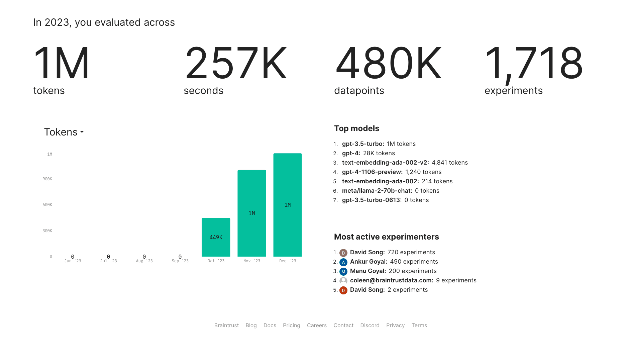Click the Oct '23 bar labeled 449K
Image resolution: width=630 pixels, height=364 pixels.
click(216, 237)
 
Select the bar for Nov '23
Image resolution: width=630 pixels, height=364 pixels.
click(251, 213)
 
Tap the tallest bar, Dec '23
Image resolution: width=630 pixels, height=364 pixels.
click(287, 205)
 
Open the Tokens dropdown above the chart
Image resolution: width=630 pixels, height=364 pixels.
click(64, 132)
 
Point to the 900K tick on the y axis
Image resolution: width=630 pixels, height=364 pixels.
click(47, 179)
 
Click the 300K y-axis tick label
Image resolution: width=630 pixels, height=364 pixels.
click(47, 231)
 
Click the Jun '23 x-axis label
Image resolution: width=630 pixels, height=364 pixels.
click(73, 261)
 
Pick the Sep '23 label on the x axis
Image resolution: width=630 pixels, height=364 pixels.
click(180, 261)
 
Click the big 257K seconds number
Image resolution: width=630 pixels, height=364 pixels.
click(236, 63)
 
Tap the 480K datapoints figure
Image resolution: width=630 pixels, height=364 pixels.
click(388, 63)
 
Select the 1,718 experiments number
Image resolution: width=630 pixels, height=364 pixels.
click(534, 63)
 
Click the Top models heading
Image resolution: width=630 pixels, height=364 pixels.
click(356, 128)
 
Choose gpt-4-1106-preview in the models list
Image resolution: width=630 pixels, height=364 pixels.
click(372, 172)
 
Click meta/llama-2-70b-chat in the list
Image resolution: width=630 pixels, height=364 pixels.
click(377, 191)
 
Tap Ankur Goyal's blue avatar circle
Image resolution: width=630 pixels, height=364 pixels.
click(343, 262)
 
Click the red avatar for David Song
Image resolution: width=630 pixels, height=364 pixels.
click(343, 290)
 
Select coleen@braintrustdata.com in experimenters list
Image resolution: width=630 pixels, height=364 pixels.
click(392, 280)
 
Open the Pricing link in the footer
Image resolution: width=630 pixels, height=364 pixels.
click(291, 325)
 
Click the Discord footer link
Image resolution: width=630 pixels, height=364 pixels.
click(370, 325)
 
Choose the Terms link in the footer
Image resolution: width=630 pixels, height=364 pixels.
click(419, 325)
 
